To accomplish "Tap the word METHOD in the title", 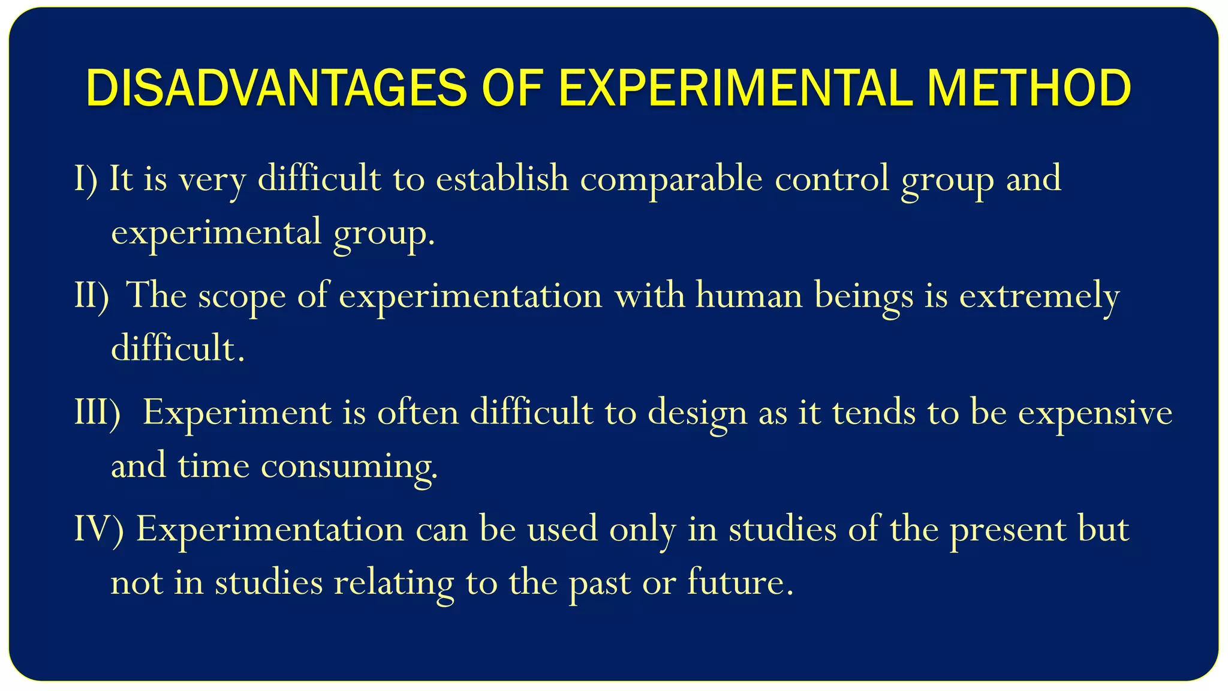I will coord(1029,89).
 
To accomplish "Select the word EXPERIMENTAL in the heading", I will coord(737,89).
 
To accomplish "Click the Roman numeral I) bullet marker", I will coord(86,179).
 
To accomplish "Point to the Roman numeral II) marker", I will coord(92,295).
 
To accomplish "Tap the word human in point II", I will coord(749,295).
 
